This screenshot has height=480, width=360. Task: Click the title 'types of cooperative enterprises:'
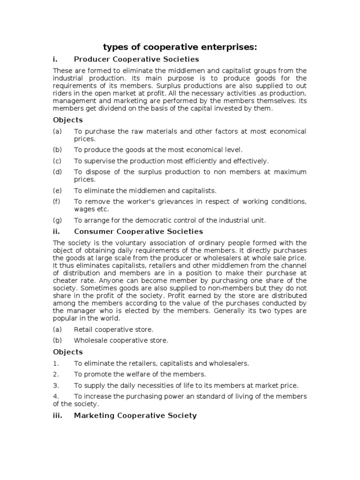(x=180, y=47)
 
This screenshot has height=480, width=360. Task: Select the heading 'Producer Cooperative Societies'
(x=136, y=60)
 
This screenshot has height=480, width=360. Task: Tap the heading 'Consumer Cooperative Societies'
(x=138, y=232)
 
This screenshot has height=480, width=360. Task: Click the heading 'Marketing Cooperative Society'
(x=135, y=416)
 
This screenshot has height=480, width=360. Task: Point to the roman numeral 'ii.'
(x=57, y=232)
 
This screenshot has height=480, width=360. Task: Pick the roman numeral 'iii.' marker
(x=58, y=416)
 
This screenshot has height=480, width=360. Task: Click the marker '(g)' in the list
(x=57, y=220)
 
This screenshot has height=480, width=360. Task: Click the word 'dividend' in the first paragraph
(x=106, y=108)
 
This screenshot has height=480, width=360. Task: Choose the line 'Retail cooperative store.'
(x=113, y=329)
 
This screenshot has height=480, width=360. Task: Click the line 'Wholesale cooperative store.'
(x=121, y=340)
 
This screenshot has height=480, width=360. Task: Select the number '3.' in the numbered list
(x=56, y=385)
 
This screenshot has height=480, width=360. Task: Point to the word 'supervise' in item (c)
(x=98, y=161)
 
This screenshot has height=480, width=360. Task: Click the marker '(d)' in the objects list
(x=57, y=172)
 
